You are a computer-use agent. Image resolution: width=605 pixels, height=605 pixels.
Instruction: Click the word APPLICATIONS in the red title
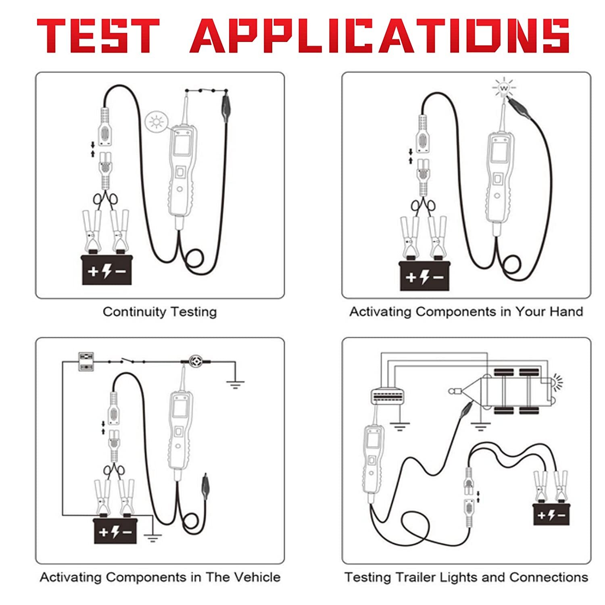(x=379, y=35)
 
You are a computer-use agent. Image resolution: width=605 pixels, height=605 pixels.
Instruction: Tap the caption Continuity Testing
(x=160, y=312)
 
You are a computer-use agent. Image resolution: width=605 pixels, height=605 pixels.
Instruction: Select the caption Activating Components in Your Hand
(x=466, y=312)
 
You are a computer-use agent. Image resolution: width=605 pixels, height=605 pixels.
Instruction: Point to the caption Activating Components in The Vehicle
(x=160, y=577)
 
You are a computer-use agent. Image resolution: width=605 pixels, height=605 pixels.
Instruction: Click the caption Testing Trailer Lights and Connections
(x=466, y=577)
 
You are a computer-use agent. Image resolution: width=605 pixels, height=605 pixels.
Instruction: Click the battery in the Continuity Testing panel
(x=106, y=270)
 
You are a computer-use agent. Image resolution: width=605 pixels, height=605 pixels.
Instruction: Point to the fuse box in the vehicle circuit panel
(x=86, y=362)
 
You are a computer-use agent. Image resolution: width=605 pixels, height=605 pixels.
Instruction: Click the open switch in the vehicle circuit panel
(x=126, y=361)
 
